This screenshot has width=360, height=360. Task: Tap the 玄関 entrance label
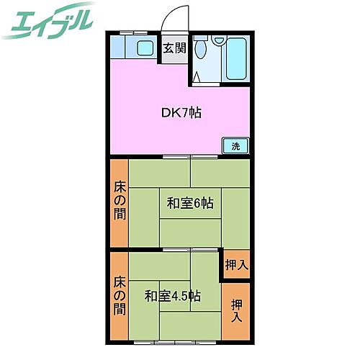[x=174, y=48]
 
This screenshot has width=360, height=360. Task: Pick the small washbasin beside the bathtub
[x=215, y=51]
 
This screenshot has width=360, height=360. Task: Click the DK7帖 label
[x=180, y=112]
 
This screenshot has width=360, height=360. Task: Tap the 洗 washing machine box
[x=235, y=145]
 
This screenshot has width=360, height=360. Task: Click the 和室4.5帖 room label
[x=172, y=295]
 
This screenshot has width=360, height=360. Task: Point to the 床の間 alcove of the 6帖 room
[x=120, y=202]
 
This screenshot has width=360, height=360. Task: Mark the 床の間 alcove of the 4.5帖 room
[x=120, y=296]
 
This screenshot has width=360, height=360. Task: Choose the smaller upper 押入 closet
[x=235, y=264]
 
